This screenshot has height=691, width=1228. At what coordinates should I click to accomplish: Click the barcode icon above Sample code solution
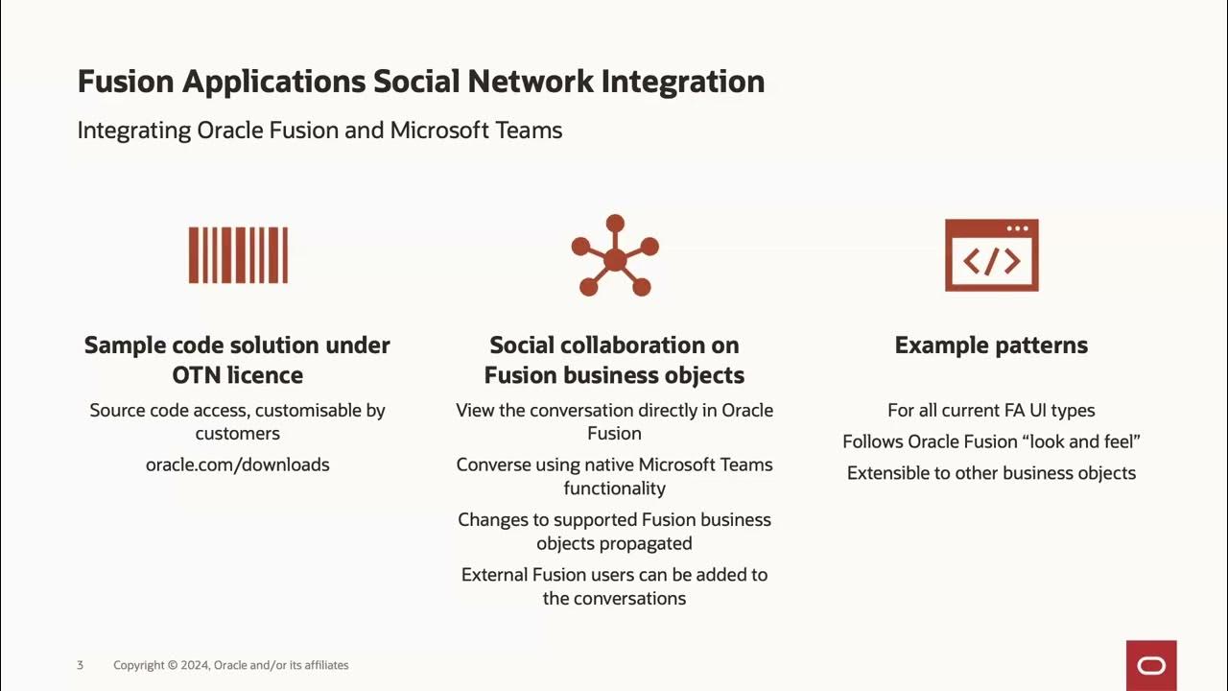click(x=238, y=255)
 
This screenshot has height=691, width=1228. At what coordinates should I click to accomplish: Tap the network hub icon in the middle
click(x=615, y=256)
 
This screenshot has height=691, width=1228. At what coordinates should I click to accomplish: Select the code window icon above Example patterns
click(x=991, y=255)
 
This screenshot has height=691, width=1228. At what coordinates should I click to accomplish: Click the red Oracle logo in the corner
click(x=1151, y=665)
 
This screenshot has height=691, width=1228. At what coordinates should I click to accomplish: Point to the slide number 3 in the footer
click(x=81, y=665)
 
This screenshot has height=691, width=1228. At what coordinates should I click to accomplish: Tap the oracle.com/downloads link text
click(x=238, y=465)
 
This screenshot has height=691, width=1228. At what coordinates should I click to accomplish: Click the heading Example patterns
click(x=991, y=345)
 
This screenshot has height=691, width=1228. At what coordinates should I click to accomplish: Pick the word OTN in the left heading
click(x=199, y=375)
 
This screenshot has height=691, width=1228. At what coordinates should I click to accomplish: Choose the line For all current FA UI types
click(x=991, y=411)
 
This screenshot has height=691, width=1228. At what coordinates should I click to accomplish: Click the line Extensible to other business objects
click(x=991, y=473)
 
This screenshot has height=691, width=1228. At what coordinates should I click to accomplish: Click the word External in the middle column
click(x=494, y=575)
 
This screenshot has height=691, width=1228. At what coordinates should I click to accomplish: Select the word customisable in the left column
click(x=303, y=411)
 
